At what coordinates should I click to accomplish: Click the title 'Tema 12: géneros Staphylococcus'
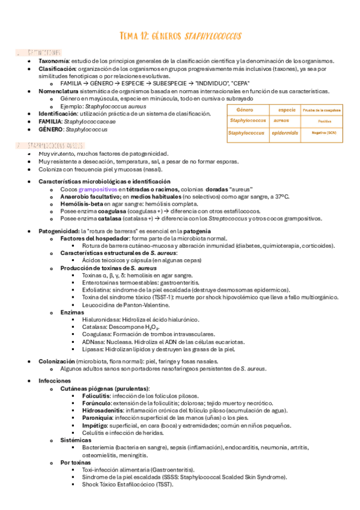pyautogui.click(x=180, y=37)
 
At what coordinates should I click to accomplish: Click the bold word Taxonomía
pyautogui.click(x=53, y=61)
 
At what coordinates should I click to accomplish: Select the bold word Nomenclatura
pyautogui.click(x=58, y=91)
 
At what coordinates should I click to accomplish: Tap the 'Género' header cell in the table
pyautogui.click(x=245, y=110)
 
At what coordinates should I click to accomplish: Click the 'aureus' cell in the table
pyautogui.click(x=281, y=120)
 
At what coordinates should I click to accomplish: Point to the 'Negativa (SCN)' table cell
pyautogui.click(x=322, y=132)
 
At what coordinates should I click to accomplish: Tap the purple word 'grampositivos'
pyautogui.click(x=97, y=189)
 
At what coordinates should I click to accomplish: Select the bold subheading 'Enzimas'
pyautogui.click(x=72, y=313)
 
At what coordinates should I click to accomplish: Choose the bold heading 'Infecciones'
pyautogui.click(x=55, y=381)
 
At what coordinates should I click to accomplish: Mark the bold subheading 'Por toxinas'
pyautogui.click(x=76, y=462)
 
